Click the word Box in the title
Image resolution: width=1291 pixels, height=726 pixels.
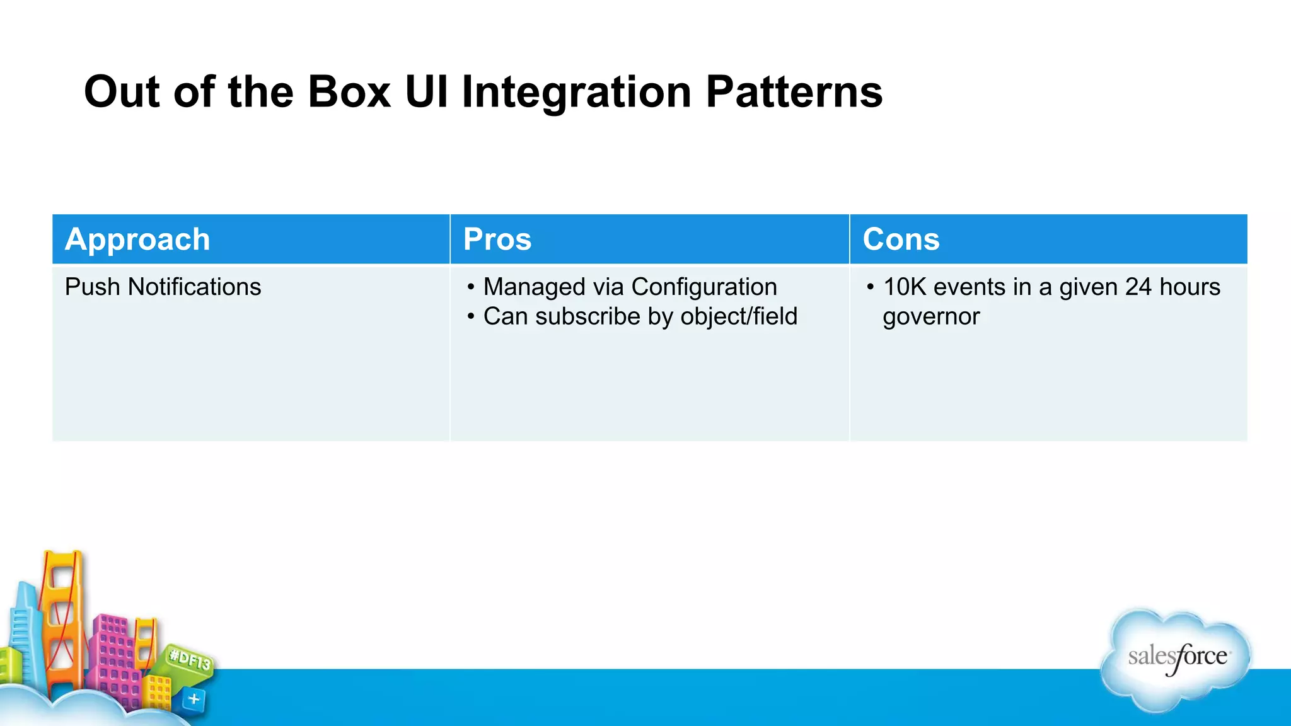click(349, 93)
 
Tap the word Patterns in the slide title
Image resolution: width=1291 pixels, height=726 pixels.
click(794, 93)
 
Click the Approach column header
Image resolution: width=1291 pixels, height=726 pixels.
click(137, 239)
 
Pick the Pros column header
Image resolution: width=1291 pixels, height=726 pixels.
click(497, 239)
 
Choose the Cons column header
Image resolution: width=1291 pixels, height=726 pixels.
click(901, 239)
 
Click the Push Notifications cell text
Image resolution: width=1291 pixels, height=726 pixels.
click(163, 287)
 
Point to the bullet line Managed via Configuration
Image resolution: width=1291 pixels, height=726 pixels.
click(630, 287)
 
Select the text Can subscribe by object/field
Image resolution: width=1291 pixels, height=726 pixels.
click(640, 316)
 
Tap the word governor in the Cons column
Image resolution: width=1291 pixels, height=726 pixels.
click(931, 316)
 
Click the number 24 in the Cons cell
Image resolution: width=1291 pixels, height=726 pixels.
click(1138, 287)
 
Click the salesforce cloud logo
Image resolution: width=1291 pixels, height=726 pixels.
click(1176, 659)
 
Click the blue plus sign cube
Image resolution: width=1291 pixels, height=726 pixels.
click(194, 699)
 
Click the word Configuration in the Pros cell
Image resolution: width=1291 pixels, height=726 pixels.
click(703, 287)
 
